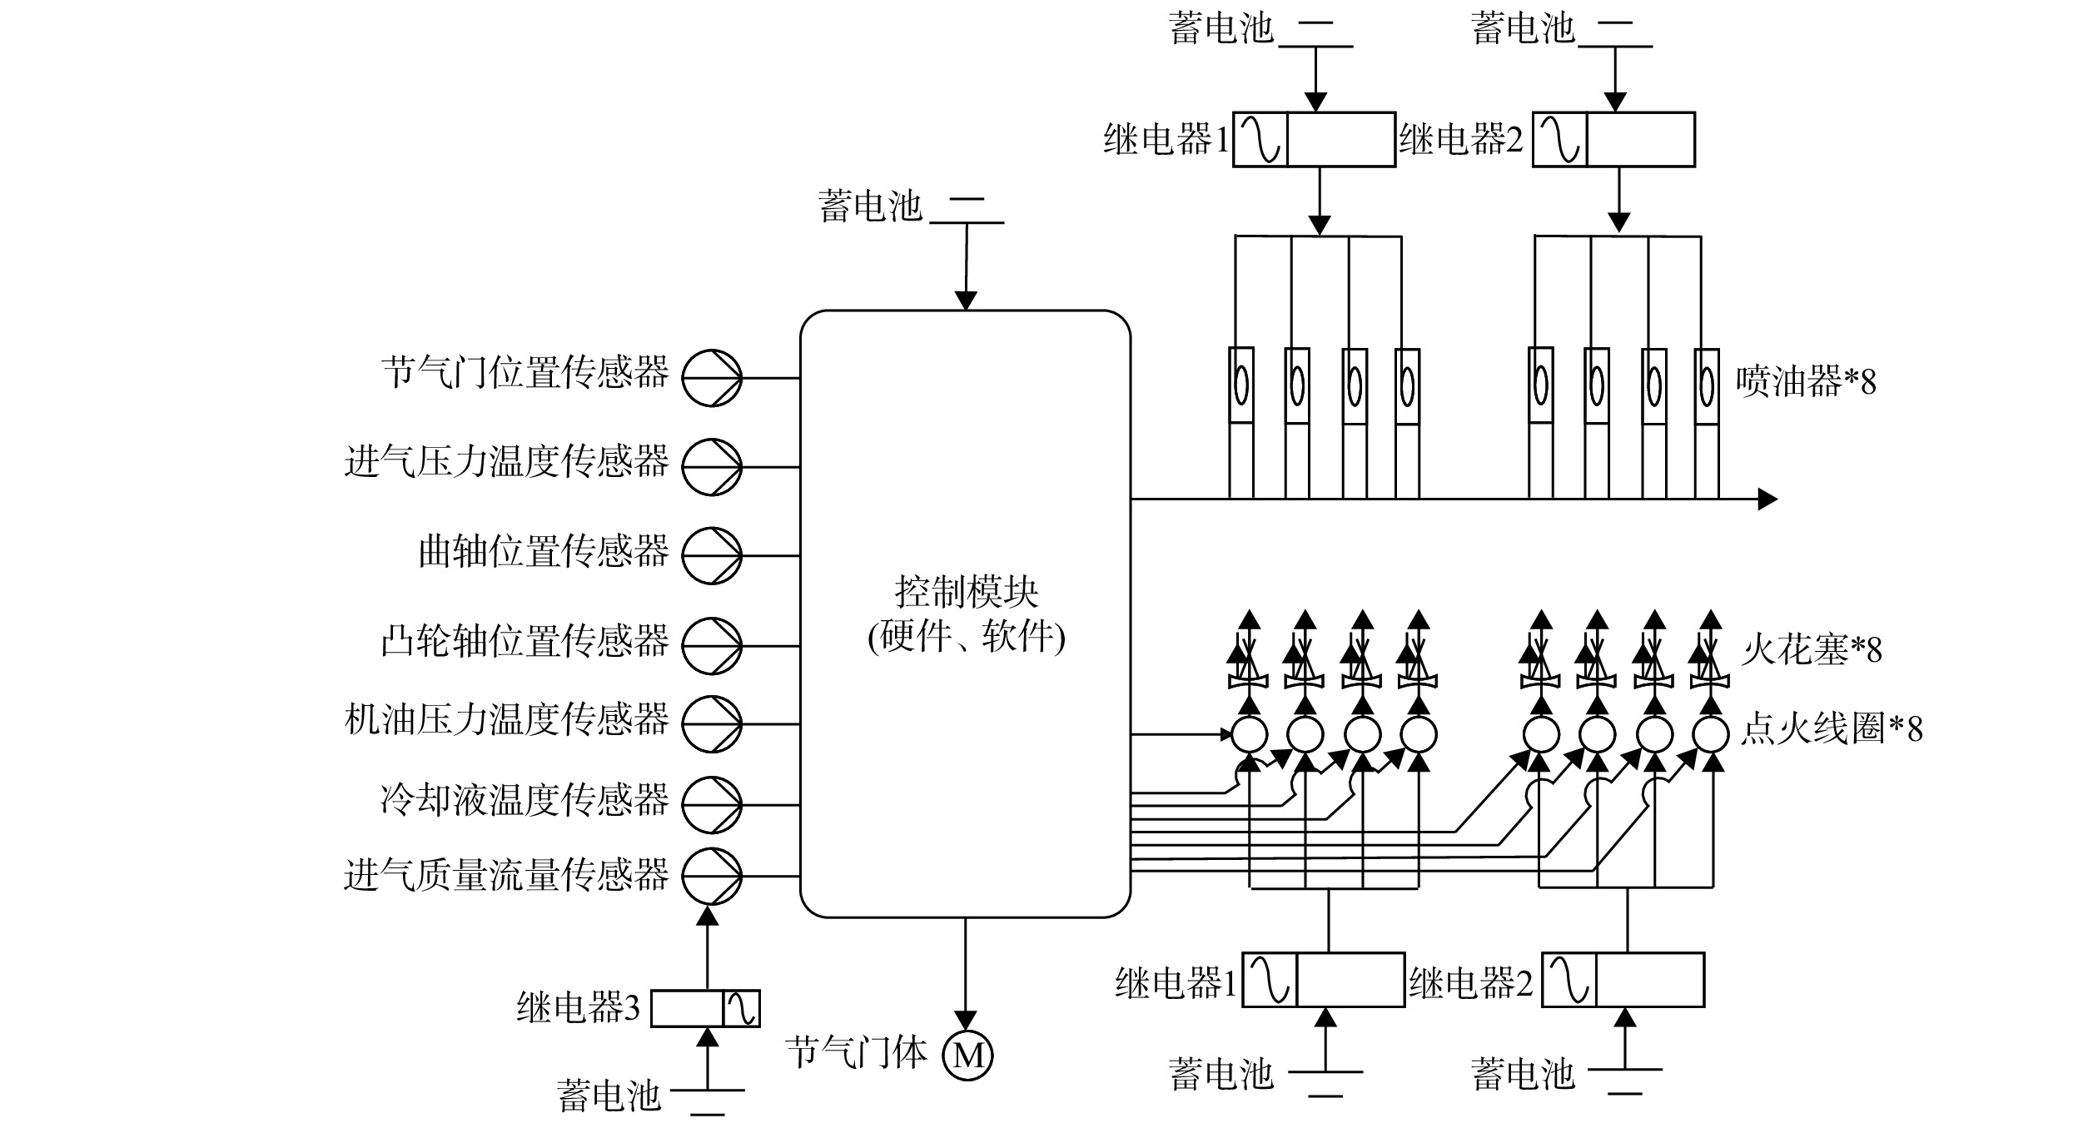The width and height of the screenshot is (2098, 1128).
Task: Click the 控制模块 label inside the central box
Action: click(966, 593)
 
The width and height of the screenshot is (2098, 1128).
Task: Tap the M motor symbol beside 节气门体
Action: click(967, 1056)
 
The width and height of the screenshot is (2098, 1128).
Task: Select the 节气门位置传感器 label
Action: click(524, 372)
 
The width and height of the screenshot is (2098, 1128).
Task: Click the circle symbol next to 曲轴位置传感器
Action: click(712, 555)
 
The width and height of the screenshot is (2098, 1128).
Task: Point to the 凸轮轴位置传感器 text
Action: click(524, 641)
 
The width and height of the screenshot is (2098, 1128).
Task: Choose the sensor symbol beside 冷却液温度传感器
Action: click(712, 805)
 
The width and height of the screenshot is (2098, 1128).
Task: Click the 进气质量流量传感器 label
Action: click(506, 875)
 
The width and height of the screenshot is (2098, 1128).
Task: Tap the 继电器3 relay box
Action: click(705, 1008)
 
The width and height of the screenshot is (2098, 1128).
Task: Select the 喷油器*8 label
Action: click(1806, 382)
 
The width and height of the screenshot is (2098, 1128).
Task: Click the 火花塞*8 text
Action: click(1812, 649)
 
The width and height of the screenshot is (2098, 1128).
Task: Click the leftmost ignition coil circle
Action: click(1250, 734)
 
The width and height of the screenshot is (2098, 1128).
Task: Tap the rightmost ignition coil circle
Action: click(1711, 734)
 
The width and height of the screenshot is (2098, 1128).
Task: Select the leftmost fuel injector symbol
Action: click(1241, 423)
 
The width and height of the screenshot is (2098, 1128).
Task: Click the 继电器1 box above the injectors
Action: click(1315, 139)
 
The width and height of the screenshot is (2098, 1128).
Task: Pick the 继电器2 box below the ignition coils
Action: click(1623, 980)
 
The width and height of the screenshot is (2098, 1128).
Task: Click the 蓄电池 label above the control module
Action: click(871, 206)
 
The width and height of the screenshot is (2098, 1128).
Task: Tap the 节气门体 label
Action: click(856, 1054)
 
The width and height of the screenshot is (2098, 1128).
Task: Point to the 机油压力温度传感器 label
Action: click(506, 719)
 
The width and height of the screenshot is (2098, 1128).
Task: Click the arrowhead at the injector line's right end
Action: click(1767, 499)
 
